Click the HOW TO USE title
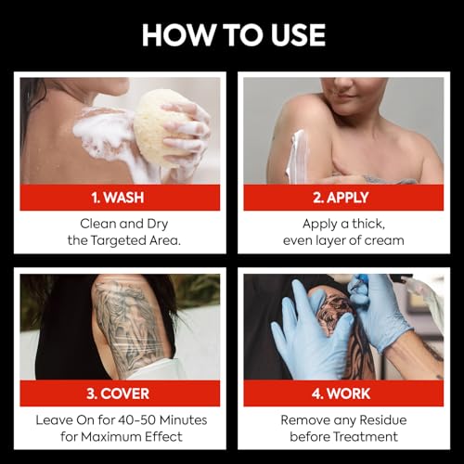233,34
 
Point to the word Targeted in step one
121,241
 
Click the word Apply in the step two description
322,224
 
